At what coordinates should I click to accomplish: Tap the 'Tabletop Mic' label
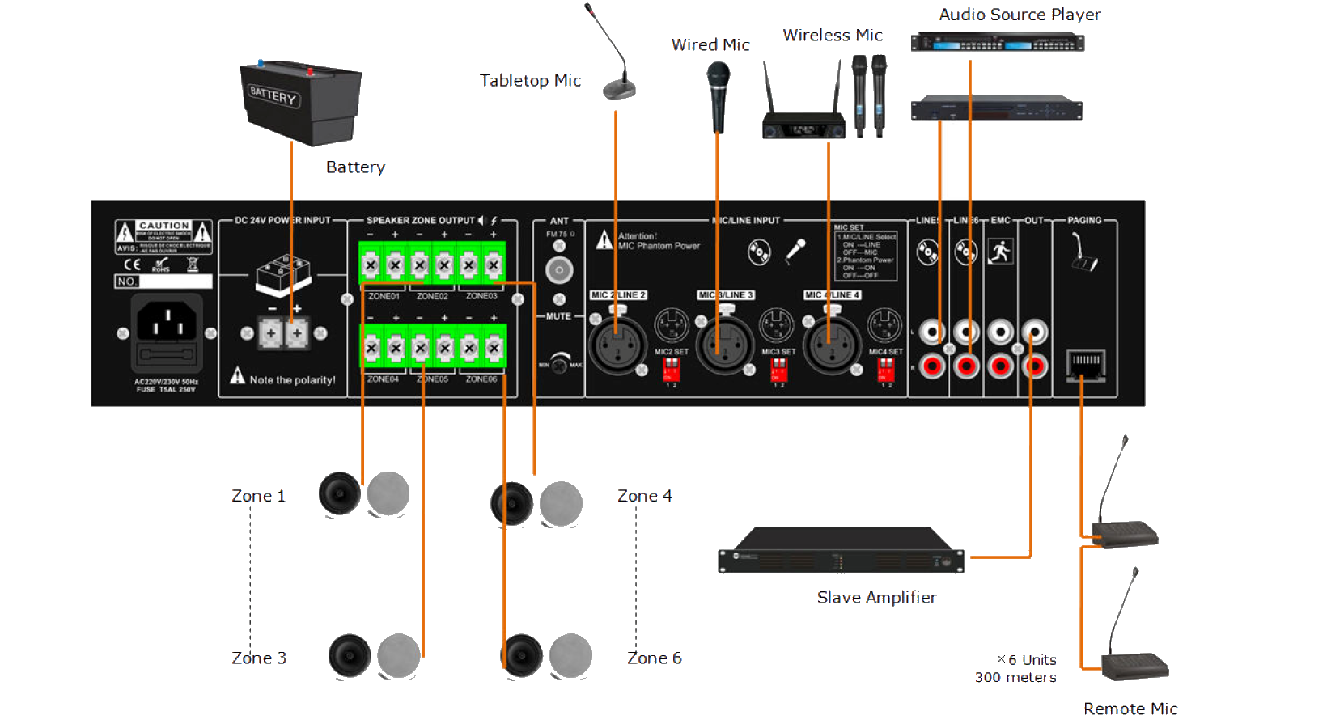[x=531, y=81]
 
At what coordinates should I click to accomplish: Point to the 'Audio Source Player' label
[x=1020, y=15]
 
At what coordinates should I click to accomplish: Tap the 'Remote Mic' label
[x=1130, y=709]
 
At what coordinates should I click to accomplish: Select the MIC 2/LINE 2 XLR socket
[x=618, y=343]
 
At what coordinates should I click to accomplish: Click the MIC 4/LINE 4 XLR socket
[x=831, y=343]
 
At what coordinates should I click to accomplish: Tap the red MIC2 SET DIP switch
[x=671, y=370]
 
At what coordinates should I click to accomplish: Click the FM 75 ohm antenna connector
[x=559, y=269]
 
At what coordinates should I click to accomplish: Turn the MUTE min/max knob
[x=559, y=362]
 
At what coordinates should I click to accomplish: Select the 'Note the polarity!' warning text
[x=292, y=380]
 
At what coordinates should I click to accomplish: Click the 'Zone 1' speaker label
[x=258, y=496]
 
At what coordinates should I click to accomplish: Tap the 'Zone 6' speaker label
[x=655, y=658]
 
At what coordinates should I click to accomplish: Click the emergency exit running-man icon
[x=1000, y=252]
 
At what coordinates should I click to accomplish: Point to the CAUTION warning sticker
[x=163, y=235]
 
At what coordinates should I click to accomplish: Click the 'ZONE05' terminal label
[x=432, y=379]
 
